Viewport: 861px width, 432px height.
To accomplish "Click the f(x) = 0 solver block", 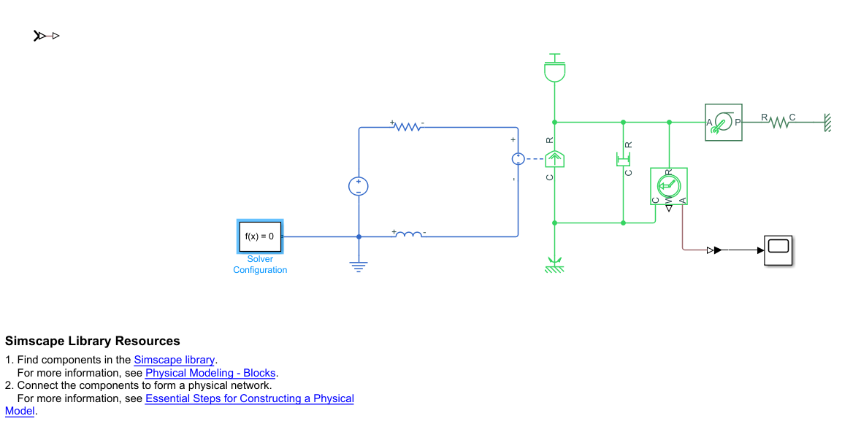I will pos(260,236).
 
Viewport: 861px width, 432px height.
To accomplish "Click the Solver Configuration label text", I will pos(260,264).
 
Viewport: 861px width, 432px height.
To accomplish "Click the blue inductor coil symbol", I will pos(409,234).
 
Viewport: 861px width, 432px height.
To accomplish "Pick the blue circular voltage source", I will pos(359,186).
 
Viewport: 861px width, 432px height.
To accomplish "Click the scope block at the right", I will pos(778,250).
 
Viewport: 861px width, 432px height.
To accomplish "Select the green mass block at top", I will pos(555,70).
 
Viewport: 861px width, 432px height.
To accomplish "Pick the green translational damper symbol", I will pos(623,158).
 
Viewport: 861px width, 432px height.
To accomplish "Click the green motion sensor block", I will pos(668,186).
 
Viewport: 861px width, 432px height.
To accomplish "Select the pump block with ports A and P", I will pos(723,123).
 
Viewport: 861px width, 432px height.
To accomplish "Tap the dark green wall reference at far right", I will pos(827,123).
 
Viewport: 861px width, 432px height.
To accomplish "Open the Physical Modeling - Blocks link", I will pos(210,373).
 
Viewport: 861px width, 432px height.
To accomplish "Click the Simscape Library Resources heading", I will pos(92,341).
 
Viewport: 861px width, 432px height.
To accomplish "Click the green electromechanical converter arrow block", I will pos(554,158).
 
